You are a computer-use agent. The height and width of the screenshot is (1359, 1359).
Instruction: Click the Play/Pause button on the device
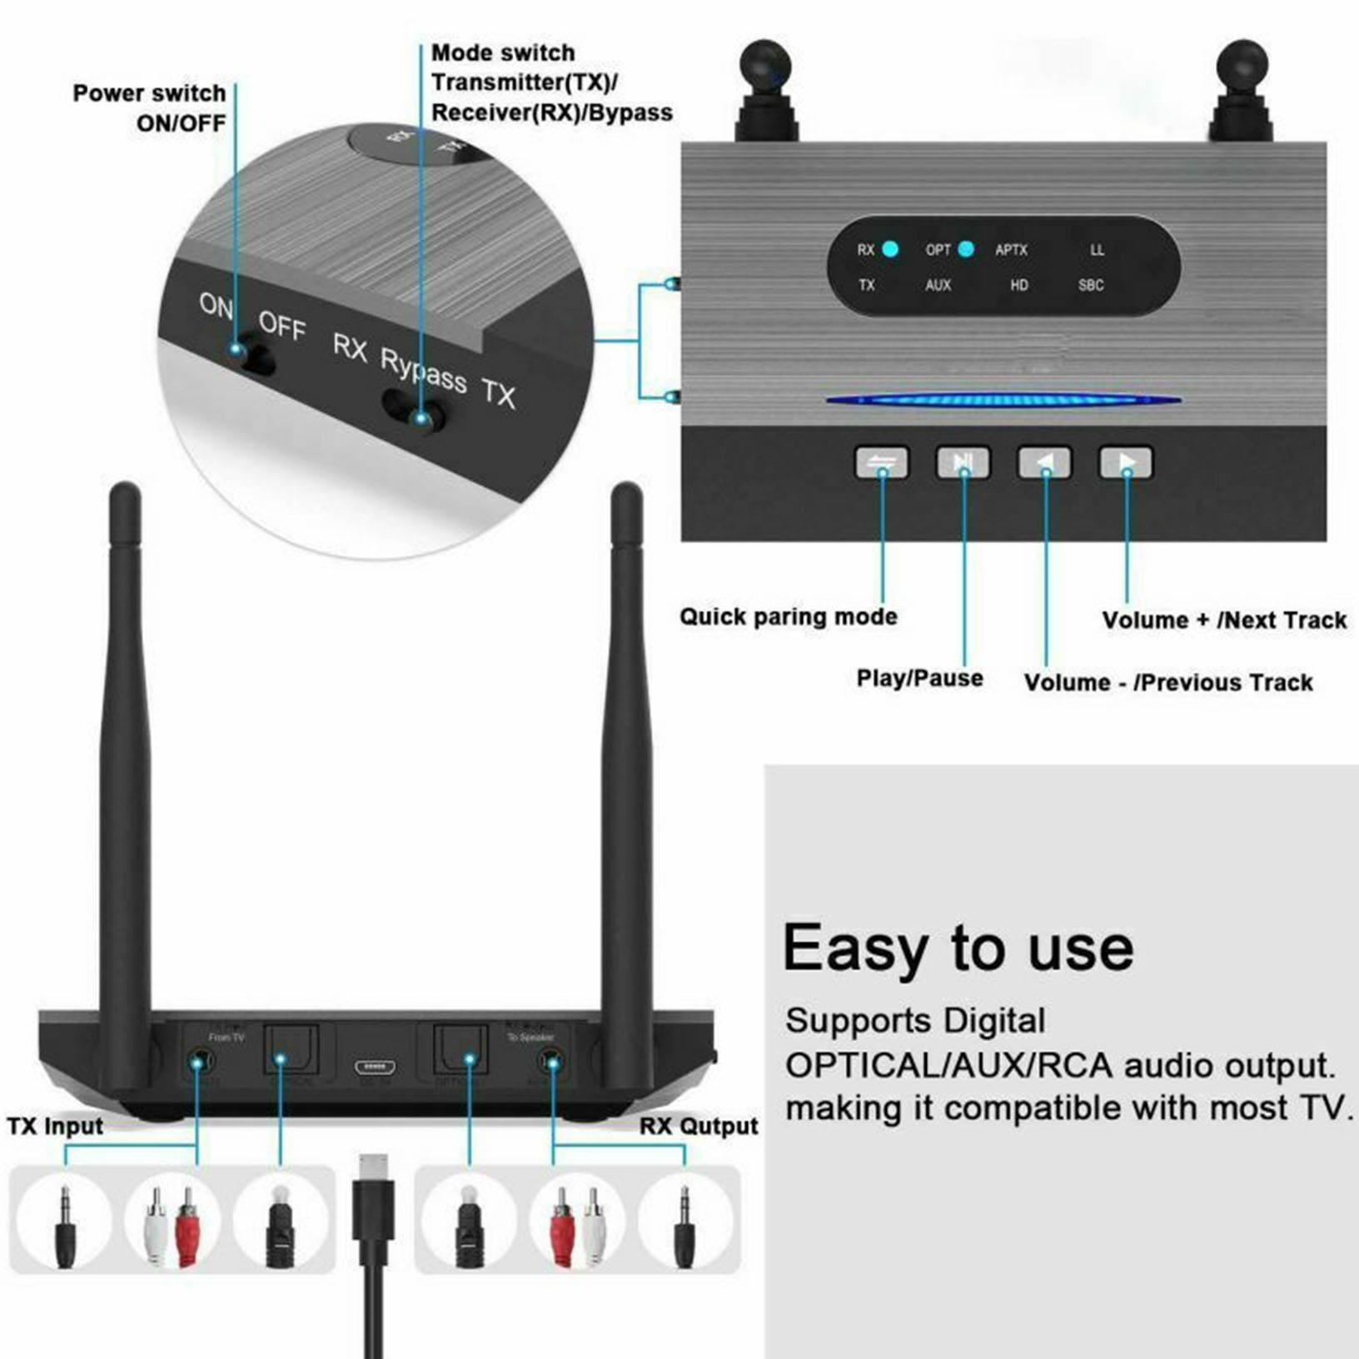(x=963, y=463)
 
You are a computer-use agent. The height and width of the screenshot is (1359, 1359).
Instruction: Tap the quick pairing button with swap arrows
(x=882, y=463)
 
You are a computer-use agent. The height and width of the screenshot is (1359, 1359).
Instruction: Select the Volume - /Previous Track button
(x=1045, y=463)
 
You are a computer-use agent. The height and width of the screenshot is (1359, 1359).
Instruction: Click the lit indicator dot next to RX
(x=890, y=249)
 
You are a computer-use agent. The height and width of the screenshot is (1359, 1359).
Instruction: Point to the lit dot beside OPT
(x=966, y=249)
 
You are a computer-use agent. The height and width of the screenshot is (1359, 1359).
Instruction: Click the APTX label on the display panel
(x=1011, y=250)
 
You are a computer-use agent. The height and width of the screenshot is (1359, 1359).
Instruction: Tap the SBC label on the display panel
(x=1090, y=285)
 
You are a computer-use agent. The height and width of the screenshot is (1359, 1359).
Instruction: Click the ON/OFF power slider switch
(x=252, y=356)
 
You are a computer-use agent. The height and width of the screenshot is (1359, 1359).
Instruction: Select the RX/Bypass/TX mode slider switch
(x=414, y=412)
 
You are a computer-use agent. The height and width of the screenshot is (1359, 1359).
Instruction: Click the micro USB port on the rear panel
(x=375, y=1067)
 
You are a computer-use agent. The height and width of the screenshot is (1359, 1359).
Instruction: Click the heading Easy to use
(x=958, y=948)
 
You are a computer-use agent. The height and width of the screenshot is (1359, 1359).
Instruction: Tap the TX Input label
(x=55, y=1126)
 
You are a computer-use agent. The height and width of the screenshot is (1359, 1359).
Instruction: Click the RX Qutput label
(x=698, y=1126)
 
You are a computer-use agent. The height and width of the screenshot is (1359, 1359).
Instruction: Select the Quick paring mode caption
(x=788, y=617)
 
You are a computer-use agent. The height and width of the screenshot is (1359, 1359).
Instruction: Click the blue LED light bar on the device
(x=1003, y=400)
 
